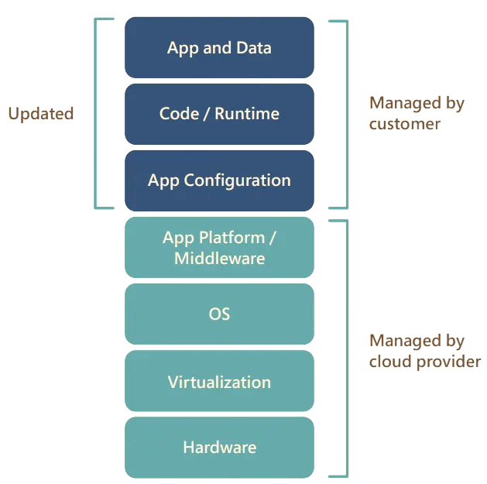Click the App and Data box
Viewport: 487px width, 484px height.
219,48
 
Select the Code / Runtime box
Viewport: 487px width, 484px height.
219,114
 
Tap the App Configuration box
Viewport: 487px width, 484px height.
219,180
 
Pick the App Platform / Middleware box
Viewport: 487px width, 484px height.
219,248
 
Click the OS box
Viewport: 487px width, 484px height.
219,314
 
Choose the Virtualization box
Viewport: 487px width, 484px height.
219,382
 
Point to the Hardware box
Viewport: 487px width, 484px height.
219,448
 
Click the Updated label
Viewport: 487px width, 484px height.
40,114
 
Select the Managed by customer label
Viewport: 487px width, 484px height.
416,114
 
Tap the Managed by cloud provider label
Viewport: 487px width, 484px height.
424,351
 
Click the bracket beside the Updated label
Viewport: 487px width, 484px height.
97,114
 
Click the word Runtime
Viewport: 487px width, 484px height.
247,114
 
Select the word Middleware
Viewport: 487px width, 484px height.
219,259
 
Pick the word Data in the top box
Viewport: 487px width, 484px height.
253,48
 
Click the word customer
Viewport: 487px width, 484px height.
404,125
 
